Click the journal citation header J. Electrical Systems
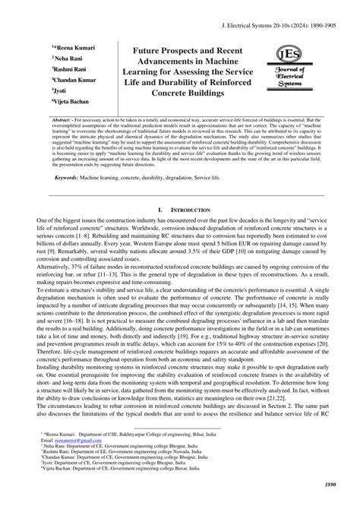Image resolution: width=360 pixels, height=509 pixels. [280, 24]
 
